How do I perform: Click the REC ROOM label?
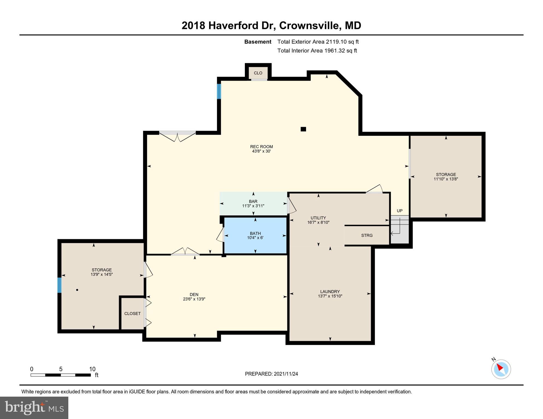pyautogui.click(x=261, y=146)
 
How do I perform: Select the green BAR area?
pyautogui.click(x=253, y=203)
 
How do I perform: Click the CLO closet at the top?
pyautogui.click(x=258, y=73)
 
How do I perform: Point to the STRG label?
pyautogui.click(x=367, y=235)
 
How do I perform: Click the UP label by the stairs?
pyautogui.click(x=400, y=211)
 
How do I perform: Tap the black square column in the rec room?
pyautogui.click(x=303, y=129)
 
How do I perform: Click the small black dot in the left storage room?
pyautogui.click(x=77, y=290)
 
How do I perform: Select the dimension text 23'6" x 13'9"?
pyautogui.click(x=194, y=299)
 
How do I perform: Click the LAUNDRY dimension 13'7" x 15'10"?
pyautogui.click(x=330, y=296)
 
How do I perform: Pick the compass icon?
pyautogui.click(x=501, y=369)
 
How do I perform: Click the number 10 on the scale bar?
pyautogui.click(x=92, y=369)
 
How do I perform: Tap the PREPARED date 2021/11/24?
pyautogui.click(x=285, y=374)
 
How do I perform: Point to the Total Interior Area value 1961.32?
pyautogui.click(x=334, y=50)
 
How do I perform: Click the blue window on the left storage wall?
pyautogui.click(x=59, y=285)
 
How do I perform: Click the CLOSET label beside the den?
pyautogui.click(x=132, y=313)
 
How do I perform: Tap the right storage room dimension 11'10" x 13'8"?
pyautogui.click(x=446, y=179)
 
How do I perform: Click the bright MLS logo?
pyautogui.click(x=34, y=408)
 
